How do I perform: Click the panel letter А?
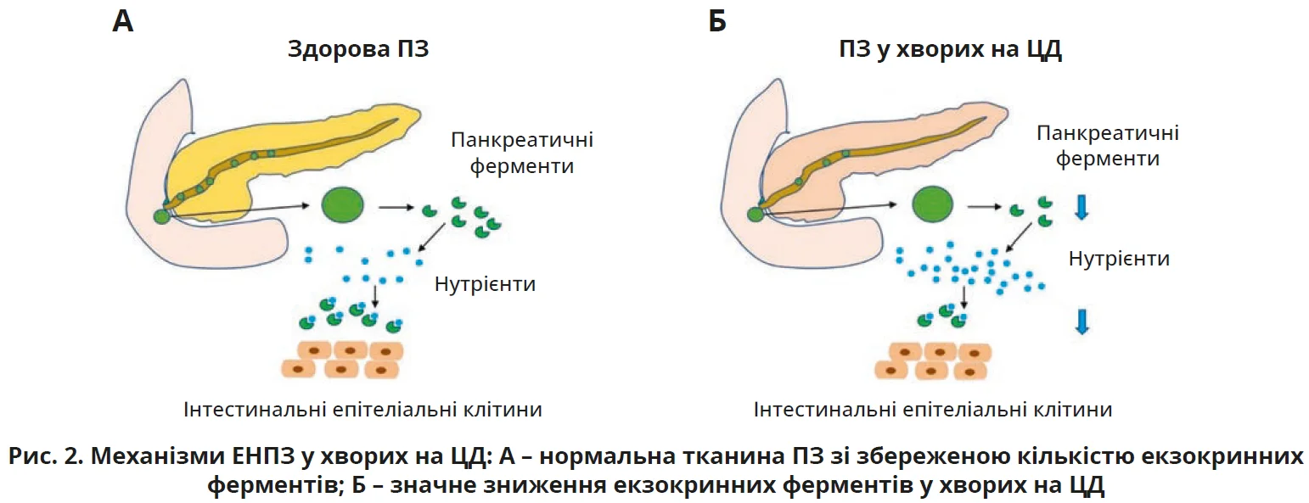tap(123, 20)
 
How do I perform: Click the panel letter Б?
tap(717, 20)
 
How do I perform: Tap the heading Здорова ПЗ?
tap(358, 49)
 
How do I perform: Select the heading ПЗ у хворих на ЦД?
tap(945, 49)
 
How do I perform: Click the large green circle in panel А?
tap(343, 205)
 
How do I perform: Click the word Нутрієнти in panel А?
tap(485, 282)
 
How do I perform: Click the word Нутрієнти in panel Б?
tap(1119, 258)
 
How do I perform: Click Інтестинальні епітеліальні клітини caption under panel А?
tap(362, 410)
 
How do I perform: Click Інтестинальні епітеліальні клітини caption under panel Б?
tap(933, 410)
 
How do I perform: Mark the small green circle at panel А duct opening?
tap(161, 215)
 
